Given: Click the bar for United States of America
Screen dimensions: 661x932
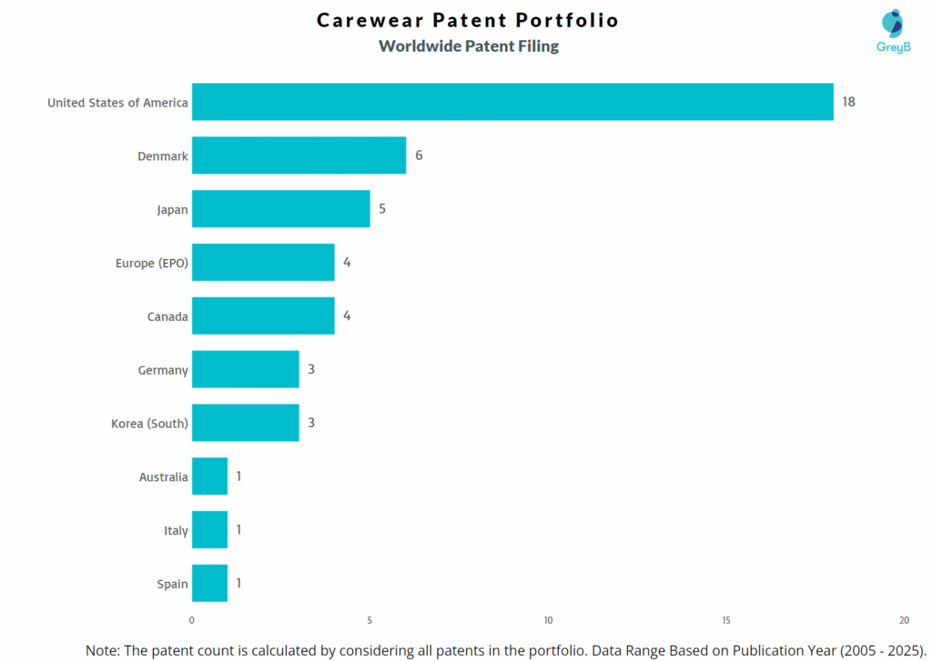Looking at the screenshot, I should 512,102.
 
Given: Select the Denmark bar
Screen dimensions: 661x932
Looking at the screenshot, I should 299,155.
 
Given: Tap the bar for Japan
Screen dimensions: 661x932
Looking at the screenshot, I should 280,209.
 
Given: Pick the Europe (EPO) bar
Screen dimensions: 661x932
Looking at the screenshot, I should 263,263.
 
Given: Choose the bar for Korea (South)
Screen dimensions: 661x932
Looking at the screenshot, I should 245,423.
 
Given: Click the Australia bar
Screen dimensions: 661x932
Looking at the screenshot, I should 209,476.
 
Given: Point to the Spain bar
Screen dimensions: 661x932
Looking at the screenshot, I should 209,583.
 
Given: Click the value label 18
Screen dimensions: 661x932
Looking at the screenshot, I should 848,102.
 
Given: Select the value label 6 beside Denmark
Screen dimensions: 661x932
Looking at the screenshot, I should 419,155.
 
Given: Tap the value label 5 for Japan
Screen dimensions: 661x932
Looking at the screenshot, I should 382,209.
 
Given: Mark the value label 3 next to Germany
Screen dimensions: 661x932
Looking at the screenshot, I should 311,369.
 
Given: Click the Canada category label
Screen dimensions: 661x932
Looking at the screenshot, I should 167,316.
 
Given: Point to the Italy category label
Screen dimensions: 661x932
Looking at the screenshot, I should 176,530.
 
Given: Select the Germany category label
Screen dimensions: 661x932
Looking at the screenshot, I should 163,370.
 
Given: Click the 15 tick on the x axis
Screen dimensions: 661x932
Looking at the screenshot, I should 726,620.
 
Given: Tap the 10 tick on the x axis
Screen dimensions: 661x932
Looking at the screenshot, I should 548,620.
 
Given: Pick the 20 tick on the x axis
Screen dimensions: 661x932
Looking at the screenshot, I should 904,620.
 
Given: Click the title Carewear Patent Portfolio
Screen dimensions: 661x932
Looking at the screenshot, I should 468,20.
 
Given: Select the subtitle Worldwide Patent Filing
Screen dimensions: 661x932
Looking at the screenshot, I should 469,46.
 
